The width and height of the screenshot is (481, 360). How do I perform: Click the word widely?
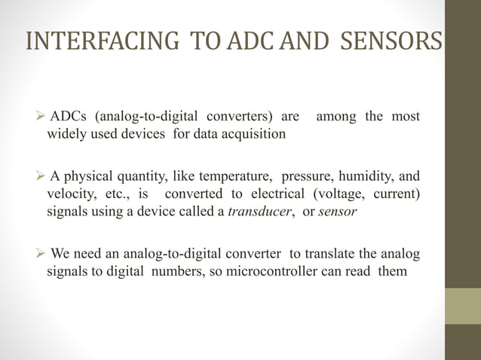(x=66, y=135)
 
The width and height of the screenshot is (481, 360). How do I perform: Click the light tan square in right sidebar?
(x=462, y=306)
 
